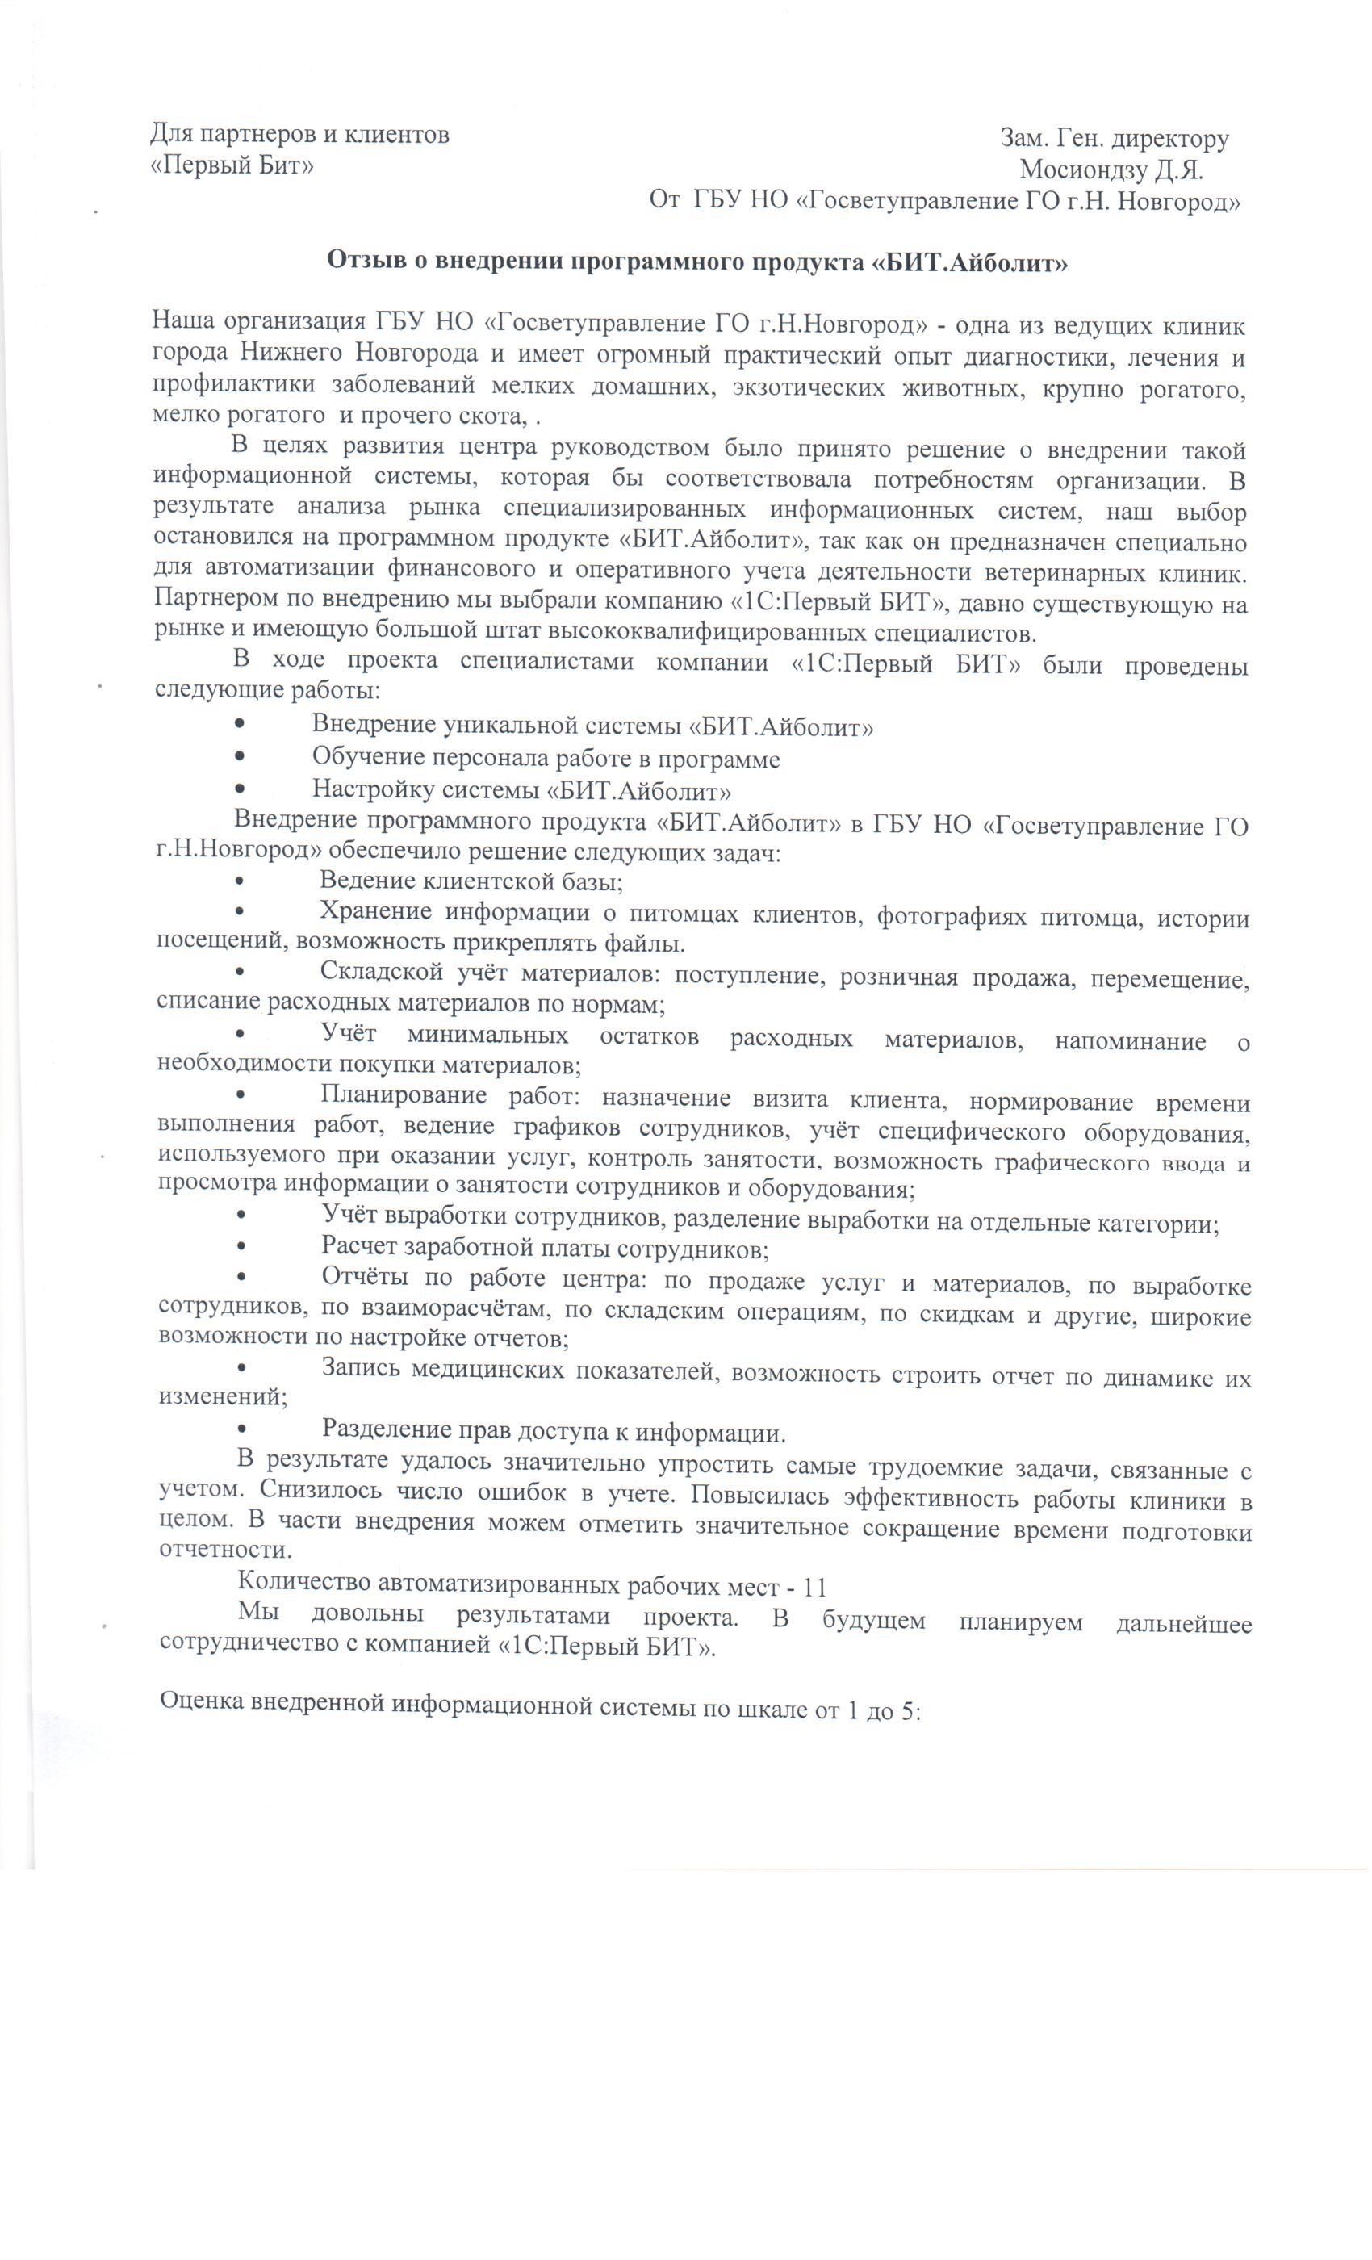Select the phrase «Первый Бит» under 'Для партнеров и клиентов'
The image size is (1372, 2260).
point(232,166)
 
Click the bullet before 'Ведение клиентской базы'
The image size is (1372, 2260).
point(240,882)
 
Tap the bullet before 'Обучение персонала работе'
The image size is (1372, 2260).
point(240,758)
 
